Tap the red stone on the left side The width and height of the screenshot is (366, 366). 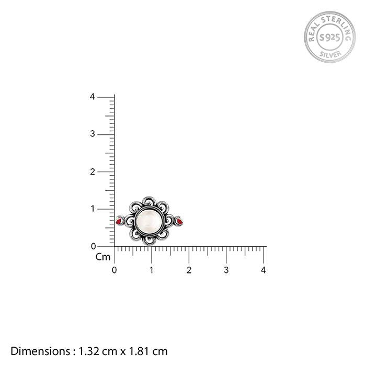click(x=119, y=221)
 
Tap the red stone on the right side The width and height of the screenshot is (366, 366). click(x=179, y=221)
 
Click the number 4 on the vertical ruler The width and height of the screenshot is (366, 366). click(x=93, y=97)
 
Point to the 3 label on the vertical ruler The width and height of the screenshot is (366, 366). click(x=93, y=134)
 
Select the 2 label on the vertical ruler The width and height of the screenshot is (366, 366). click(x=93, y=172)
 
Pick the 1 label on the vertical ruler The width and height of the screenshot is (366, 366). click(x=93, y=209)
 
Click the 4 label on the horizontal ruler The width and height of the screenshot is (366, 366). click(x=264, y=270)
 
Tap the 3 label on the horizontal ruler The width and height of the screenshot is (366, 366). click(x=226, y=270)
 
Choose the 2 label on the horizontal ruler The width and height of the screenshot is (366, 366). click(x=189, y=270)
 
